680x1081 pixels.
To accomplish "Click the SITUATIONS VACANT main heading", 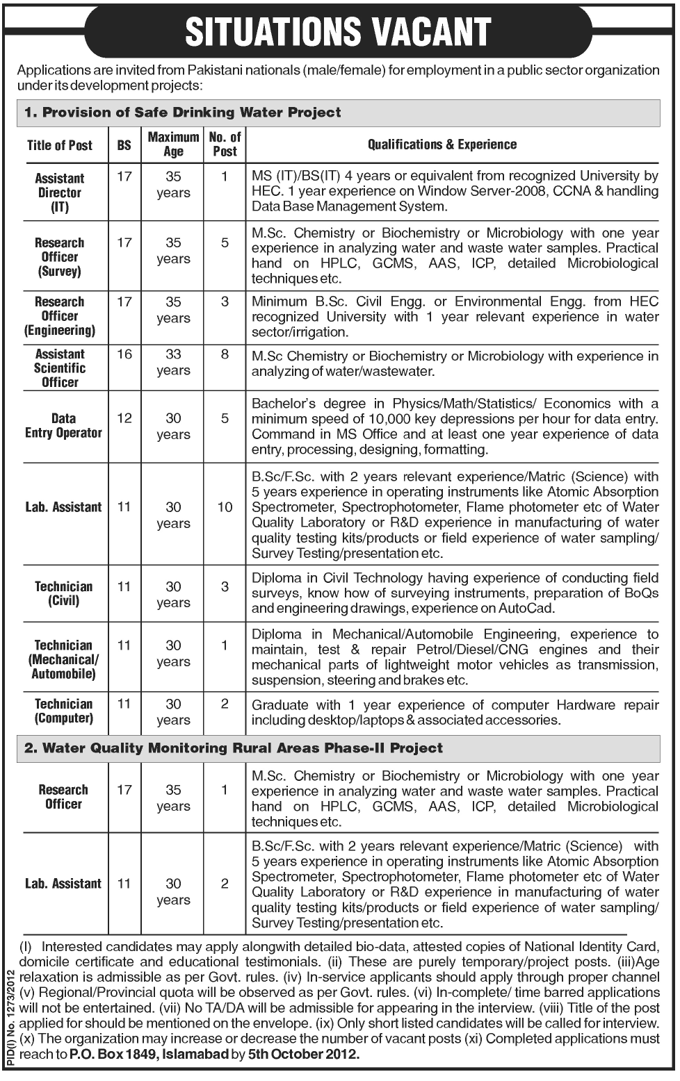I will (339, 31).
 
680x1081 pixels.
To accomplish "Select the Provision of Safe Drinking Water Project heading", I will (183, 112).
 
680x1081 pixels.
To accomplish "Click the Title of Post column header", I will (60, 145).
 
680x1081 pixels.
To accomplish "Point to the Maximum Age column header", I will (173, 145).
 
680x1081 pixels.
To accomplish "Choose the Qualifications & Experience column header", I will (442, 145).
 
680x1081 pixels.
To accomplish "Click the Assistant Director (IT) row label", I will (60, 192).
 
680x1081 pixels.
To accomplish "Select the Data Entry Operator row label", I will (63, 425).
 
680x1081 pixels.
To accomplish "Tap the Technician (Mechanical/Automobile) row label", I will (63, 659).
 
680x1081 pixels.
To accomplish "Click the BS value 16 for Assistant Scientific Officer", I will (124, 354).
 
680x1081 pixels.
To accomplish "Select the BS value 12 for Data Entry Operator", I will (124, 418).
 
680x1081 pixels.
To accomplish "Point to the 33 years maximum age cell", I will (173, 362).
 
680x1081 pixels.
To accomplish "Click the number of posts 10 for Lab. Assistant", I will (225, 507).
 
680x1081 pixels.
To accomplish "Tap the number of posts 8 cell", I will (225, 354).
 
